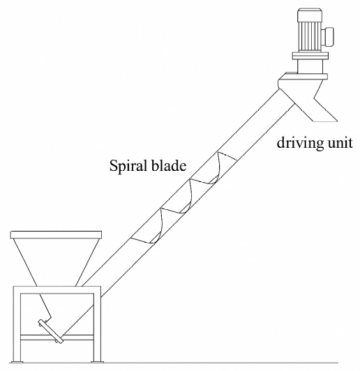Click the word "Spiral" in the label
128,166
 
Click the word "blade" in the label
169,165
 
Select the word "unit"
340,143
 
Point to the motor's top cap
310,14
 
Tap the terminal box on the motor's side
327,37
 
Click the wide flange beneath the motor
310,56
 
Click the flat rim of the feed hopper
56,235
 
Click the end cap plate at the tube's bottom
51,331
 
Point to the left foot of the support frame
17,362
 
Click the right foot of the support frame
97,362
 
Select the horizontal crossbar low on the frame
57,338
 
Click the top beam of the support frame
57,290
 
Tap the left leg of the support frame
17,324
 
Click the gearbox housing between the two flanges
309,66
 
